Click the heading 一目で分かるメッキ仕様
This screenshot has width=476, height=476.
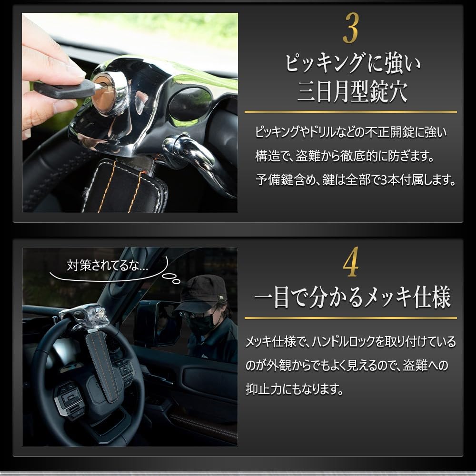(352, 298)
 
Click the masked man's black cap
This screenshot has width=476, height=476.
(200, 290)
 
